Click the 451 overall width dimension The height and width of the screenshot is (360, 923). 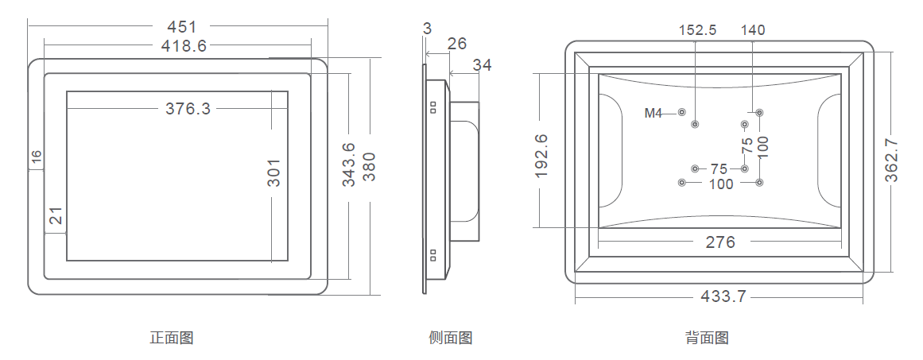(x=182, y=27)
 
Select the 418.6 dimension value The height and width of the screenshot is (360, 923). (x=184, y=46)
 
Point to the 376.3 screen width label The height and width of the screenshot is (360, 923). (x=188, y=109)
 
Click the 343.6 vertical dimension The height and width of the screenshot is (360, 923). (x=349, y=165)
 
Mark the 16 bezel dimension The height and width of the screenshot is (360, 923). (x=36, y=157)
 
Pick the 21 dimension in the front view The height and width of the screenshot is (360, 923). (x=56, y=215)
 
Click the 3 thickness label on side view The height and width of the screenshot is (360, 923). (x=428, y=28)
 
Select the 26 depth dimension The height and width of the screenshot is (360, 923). (x=456, y=44)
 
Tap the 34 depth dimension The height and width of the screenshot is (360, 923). (x=482, y=65)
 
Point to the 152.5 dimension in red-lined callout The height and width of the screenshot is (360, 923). (x=697, y=30)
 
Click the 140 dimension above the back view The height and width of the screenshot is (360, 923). (x=752, y=30)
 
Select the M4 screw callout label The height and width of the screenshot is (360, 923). (x=653, y=114)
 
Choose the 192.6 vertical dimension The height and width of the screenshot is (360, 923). (x=541, y=155)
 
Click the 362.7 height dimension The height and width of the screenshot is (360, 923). (x=891, y=161)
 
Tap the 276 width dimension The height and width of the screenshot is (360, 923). (x=720, y=242)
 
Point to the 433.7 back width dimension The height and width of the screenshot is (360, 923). (x=723, y=296)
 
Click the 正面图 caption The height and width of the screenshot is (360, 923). (x=171, y=338)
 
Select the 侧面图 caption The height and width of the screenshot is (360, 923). (x=450, y=338)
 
